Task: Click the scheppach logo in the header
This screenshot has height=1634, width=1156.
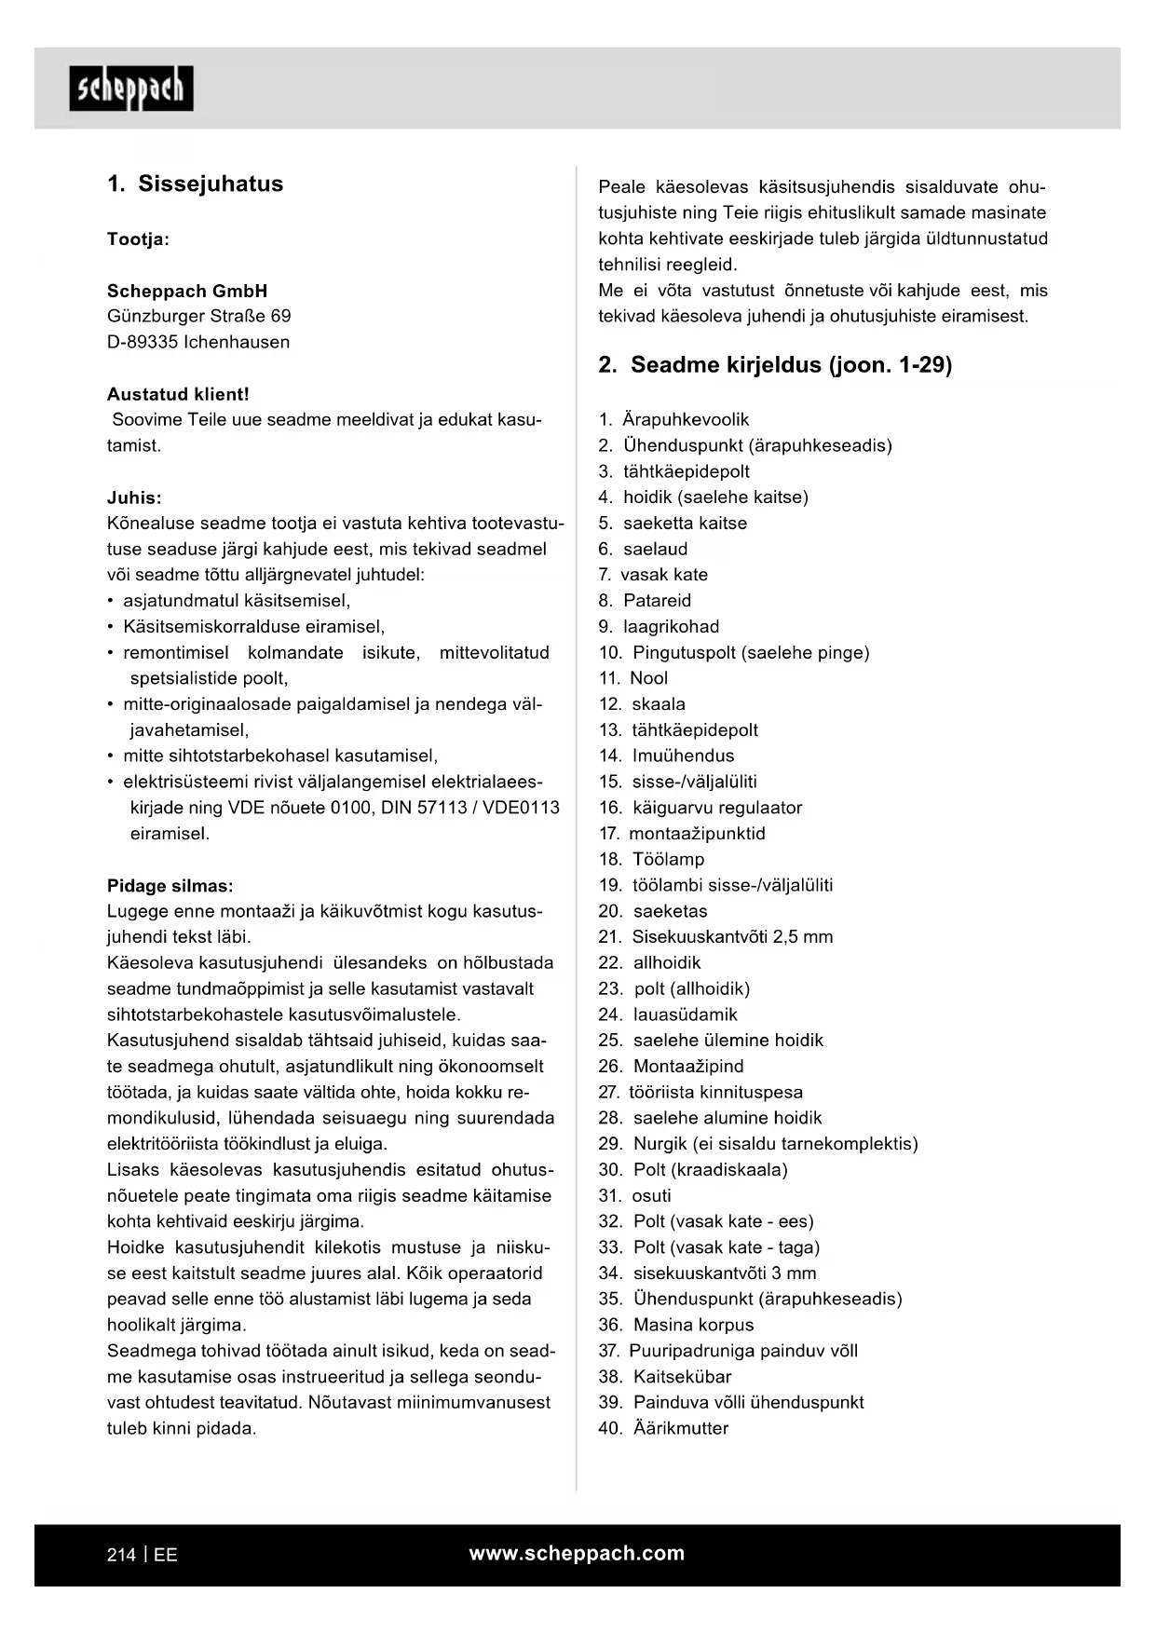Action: point(131,89)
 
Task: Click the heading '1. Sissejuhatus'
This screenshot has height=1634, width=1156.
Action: point(195,184)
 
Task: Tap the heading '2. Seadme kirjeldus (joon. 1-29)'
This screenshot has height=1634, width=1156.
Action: point(775,364)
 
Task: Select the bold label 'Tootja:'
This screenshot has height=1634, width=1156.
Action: point(138,239)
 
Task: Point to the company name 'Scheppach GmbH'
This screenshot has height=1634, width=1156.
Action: point(187,291)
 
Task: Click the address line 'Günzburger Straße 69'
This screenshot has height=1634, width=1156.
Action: point(198,316)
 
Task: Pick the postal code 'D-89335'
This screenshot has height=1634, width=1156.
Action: point(143,342)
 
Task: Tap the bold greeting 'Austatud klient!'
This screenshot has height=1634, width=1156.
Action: point(178,394)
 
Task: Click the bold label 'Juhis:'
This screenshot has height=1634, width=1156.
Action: point(134,497)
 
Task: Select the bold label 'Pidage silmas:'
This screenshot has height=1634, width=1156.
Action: point(170,886)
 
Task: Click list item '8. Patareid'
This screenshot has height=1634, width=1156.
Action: point(645,601)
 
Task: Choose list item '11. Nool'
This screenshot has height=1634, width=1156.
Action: point(633,678)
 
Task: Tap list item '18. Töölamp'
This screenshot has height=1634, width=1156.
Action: point(651,859)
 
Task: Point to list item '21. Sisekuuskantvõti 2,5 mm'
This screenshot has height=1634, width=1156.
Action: point(715,937)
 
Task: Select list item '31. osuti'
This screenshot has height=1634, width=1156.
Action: point(634,1195)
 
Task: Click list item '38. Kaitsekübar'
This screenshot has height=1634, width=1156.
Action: point(664,1377)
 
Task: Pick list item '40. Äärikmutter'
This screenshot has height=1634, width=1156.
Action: point(663,1428)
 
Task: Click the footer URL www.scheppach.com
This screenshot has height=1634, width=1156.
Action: point(577,1553)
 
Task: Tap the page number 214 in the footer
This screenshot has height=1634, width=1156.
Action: point(121,1555)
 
